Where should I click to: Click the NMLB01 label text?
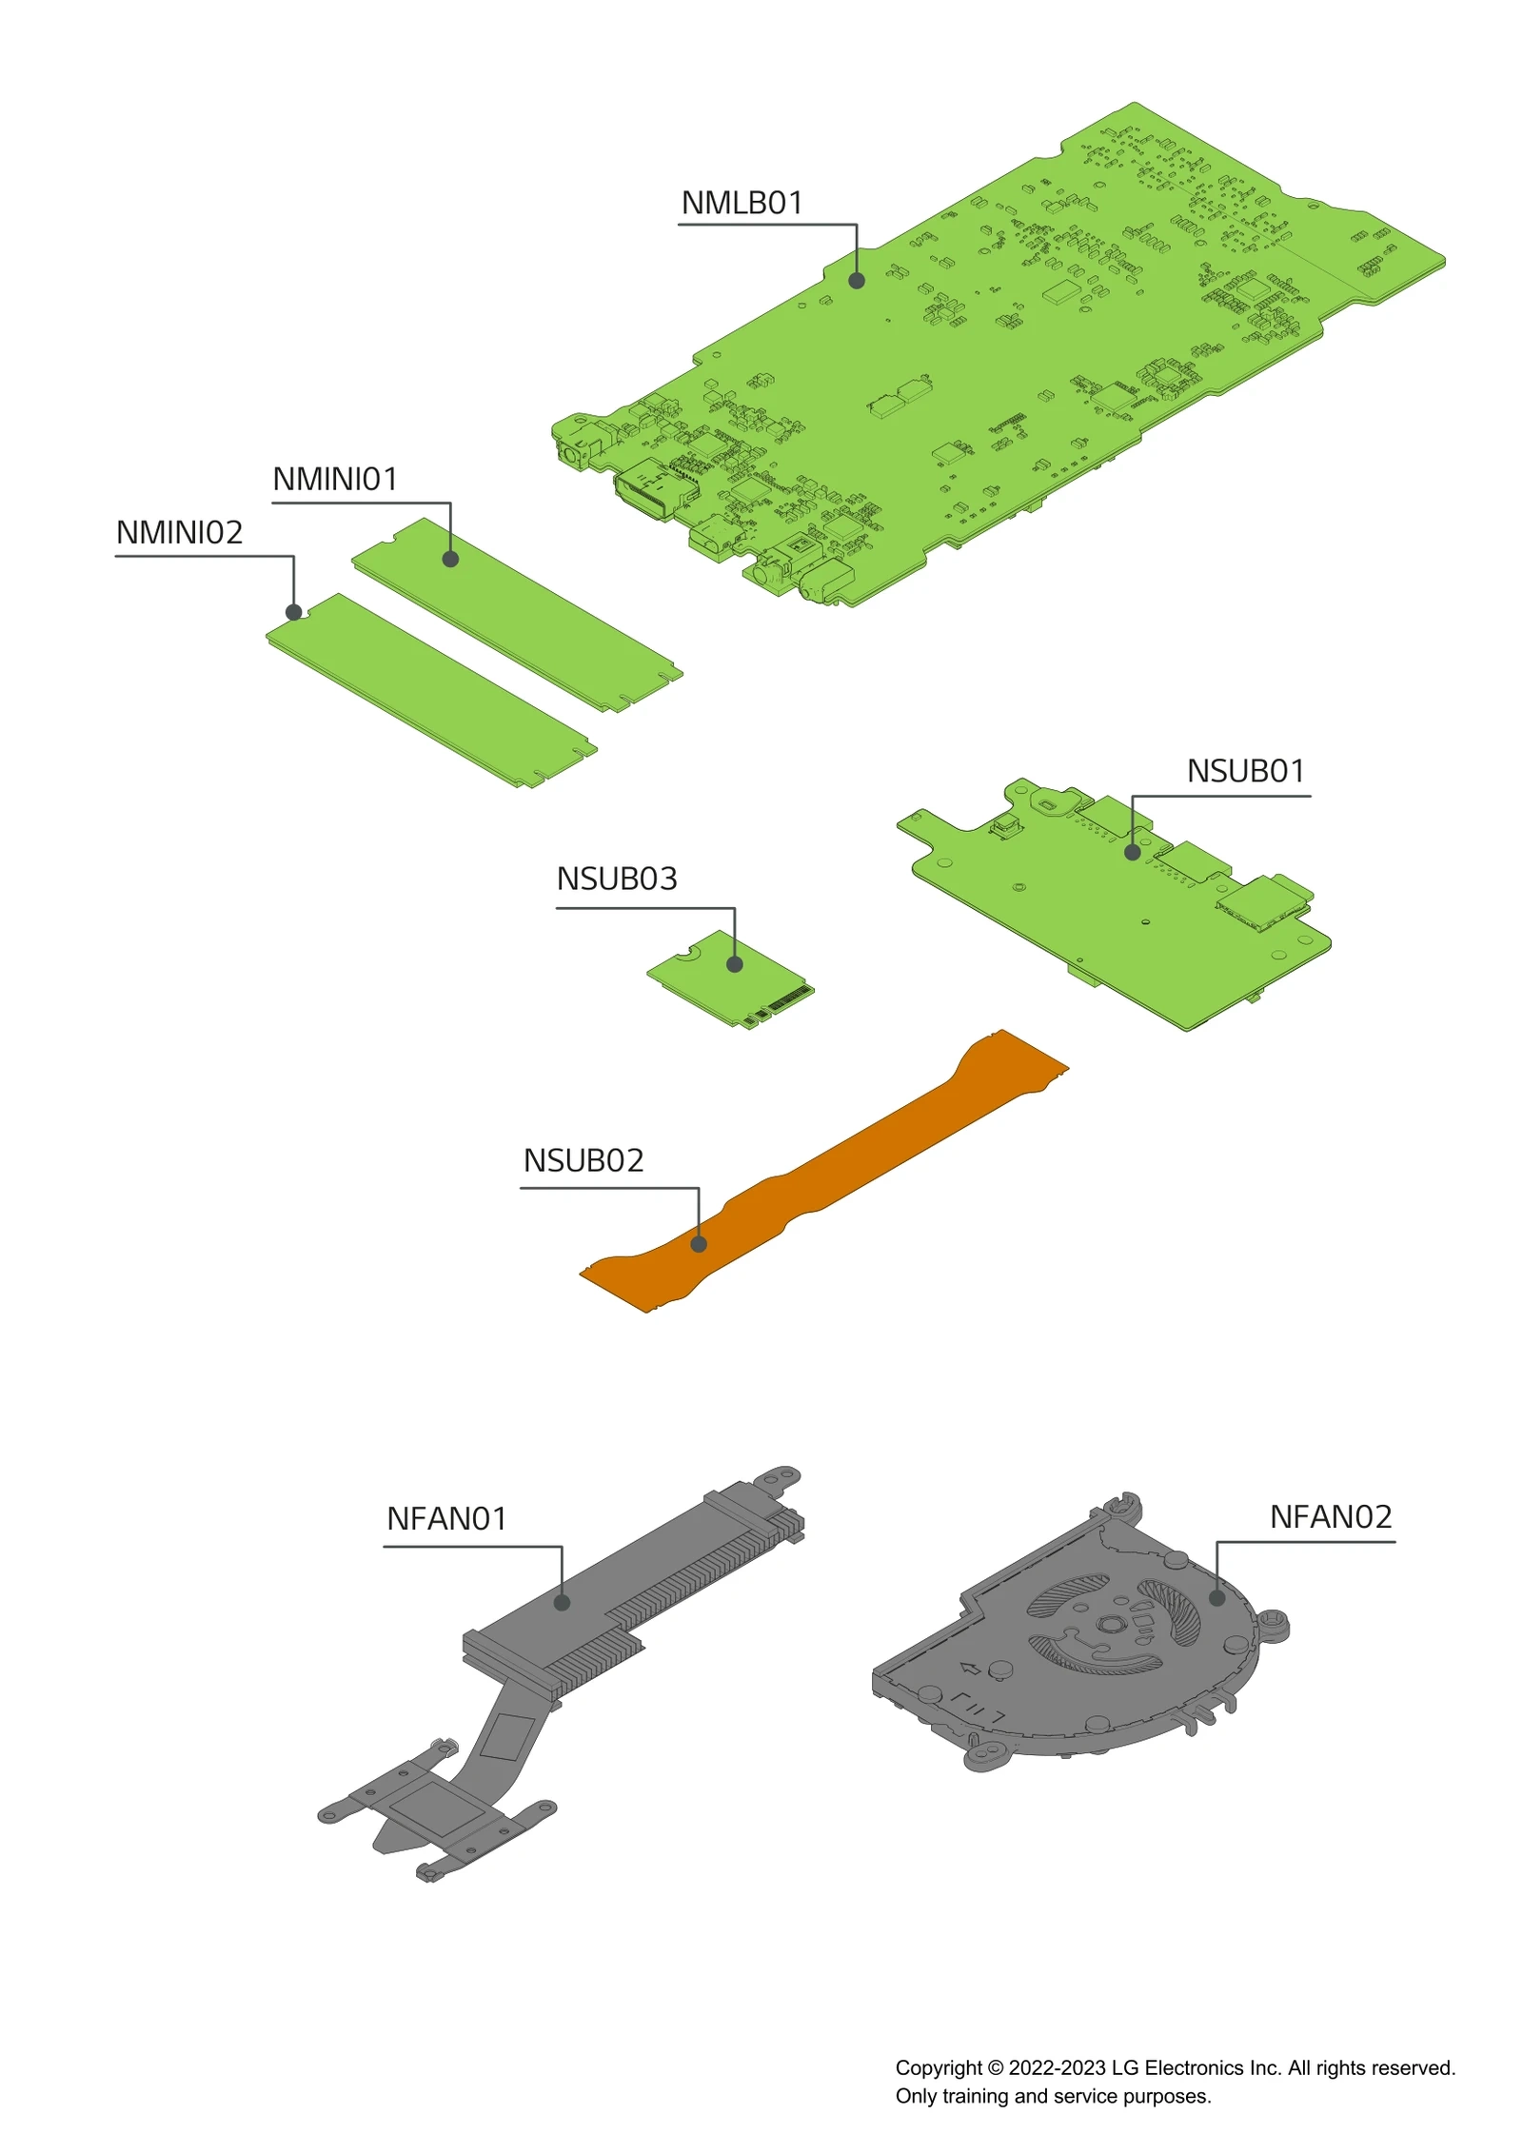(x=742, y=204)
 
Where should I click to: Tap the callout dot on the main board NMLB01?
(x=857, y=281)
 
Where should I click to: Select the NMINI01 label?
(x=335, y=480)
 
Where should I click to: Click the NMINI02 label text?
(x=179, y=533)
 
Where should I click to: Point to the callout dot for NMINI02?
(x=294, y=613)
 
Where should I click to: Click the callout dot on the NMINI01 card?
(x=450, y=560)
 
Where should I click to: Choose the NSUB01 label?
(x=1245, y=772)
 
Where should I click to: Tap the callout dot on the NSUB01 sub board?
(x=1133, y=853)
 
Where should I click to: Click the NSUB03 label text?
(x=617, y=879)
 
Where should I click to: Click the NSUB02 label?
(x=583, y=1161)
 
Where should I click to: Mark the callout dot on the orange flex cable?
(x=699, y=1244)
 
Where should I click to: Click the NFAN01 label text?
(x=446, y=1519)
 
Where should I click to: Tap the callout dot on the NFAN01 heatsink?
(x=562, y=1603)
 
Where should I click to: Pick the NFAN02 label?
(x=1331, y=1517)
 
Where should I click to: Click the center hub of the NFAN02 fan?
(x=1107, y=1625)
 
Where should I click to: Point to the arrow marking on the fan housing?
(x=970, y=1669)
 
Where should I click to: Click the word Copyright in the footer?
(x=938, y=2068)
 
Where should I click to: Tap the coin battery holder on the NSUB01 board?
(x=1049, y=804)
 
